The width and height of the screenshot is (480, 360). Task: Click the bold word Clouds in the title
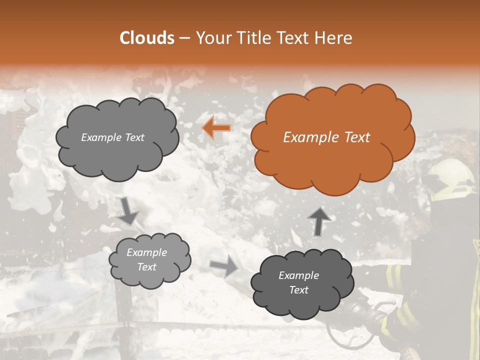click(x=147, y=38)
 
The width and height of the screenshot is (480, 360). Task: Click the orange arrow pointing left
click(x=216, y=128)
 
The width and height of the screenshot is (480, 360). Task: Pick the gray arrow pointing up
click(x=318, y=221)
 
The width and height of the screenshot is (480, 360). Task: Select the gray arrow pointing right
click(x=224, y=266)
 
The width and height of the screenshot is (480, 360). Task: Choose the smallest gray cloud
click(x=149, y=260)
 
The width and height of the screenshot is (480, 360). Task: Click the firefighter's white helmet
click(x=450, y=180)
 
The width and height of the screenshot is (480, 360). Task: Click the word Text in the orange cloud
click(x=353, y=137)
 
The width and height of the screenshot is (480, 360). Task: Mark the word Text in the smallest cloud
click(x=147, y=267)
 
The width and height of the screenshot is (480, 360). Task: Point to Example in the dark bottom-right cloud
click(x=298, y=275)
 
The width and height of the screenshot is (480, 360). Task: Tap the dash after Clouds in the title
click(x=184, y=38)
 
